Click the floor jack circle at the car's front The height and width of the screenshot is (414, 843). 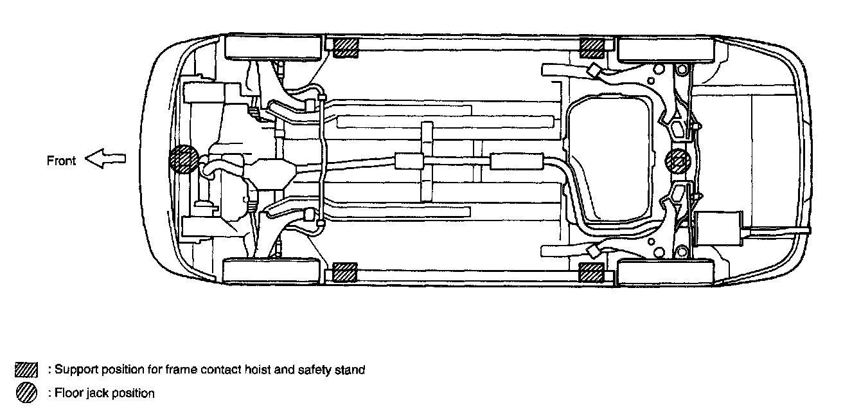tap(183, 159)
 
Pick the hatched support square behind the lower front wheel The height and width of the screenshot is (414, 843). tap(345, 272)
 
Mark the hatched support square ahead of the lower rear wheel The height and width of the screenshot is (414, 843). tap(591, 272)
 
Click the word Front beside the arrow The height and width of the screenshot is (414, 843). tap(62, 161)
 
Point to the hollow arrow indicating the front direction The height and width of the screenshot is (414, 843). tap(105, 160)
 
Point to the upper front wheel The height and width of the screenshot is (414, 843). tap(273, 48)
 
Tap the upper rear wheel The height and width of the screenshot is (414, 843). tap(665, 48)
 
